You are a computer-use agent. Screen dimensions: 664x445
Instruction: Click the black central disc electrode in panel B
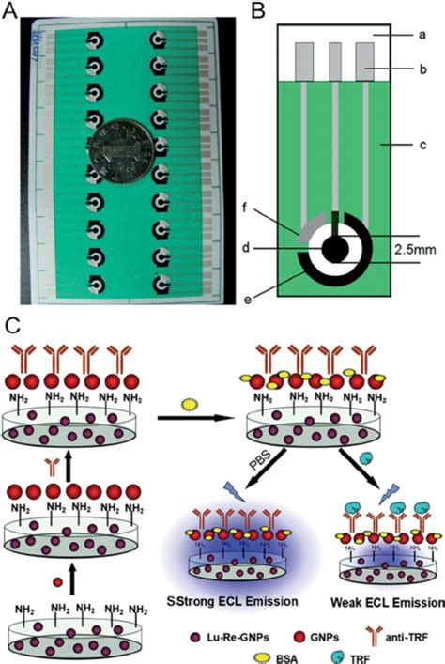[x=334, y=250]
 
